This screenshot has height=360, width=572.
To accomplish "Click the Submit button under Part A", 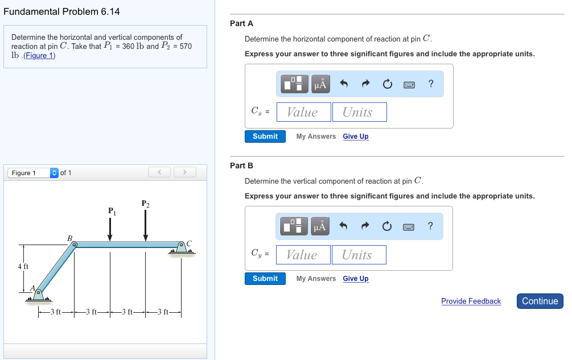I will (265, 136).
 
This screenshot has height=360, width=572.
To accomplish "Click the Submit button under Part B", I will (265, 279).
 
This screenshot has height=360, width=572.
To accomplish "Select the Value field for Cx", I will (303, 112).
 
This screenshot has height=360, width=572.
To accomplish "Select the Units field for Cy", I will (358, 255).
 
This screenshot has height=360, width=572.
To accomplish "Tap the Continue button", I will (540, 301).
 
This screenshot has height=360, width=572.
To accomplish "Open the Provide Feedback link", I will (471, 301).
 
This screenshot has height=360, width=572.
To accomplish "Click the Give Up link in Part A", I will (355, 136).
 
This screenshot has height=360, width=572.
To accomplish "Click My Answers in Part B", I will (316, 279).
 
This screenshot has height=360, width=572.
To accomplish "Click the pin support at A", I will (38, 294).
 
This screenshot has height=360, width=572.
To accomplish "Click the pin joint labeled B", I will (74, 245).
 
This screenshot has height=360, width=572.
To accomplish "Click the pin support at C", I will (182, 246).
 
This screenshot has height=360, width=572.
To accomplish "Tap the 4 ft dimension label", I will (23, 266).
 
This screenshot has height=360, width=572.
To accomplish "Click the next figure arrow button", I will (184, 172).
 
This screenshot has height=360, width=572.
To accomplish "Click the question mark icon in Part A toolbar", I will (431, 84).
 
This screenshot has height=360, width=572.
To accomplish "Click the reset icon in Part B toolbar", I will (387, 227).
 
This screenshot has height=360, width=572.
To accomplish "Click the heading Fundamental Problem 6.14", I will (61, 11).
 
